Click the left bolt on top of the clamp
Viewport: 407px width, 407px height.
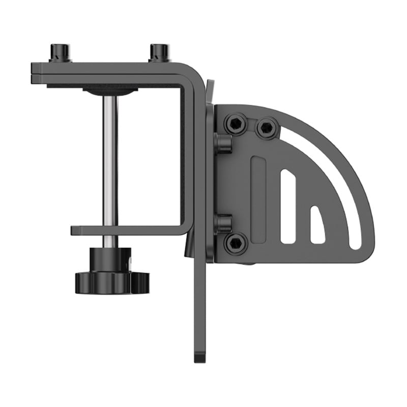[x=60, y=52]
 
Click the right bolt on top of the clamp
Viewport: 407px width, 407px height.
[x=159, y=52]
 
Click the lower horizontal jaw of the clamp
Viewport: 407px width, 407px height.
[x=127, y=230]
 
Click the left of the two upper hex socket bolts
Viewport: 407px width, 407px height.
[x=237, y=124]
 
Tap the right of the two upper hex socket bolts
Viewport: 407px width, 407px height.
[x=267, y=127]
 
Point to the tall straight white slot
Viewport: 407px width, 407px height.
[x=288, y=206]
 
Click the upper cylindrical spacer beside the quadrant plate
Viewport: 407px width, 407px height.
[x=223, y=143]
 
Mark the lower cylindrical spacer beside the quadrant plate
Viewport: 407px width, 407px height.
[x=223, y=223]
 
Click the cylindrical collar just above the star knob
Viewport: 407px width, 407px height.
[x=110, y=257]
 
